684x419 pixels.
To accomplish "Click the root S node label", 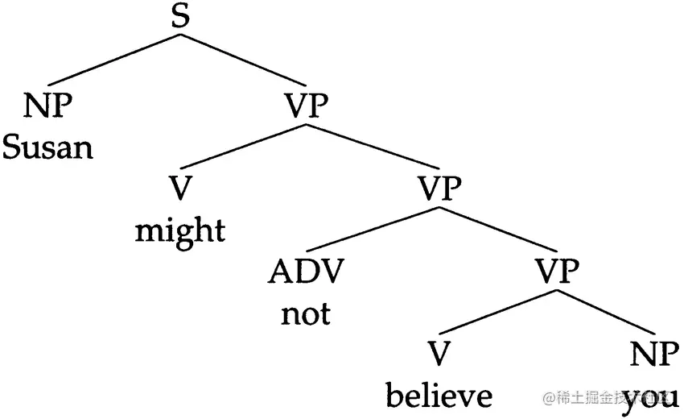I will point(182,18).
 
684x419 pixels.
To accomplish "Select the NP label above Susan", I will point(47,106).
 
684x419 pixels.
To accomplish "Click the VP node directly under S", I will point(307,106).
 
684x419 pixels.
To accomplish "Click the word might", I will point(180,231).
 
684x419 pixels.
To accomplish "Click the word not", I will point(306,313).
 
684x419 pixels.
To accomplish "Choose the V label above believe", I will point(439,355).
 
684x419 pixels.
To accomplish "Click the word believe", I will point(439,396).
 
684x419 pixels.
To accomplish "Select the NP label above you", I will point(652,355).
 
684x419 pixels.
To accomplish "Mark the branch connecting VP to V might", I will point(245,146).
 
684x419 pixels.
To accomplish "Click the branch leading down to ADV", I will point(374,230).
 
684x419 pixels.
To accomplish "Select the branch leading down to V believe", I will point(499,313).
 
